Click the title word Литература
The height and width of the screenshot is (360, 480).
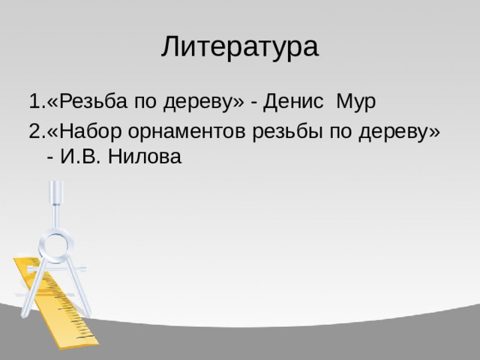point(239,46)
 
